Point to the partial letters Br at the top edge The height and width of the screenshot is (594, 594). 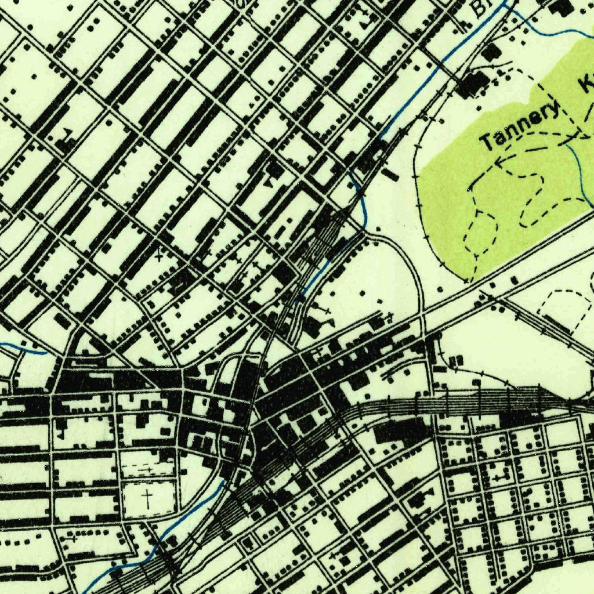click(x=480, y=8)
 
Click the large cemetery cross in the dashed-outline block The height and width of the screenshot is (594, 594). click(x=148, y=498)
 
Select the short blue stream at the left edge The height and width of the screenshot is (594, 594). click(x=23, y=348)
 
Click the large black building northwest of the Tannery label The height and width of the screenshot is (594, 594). click(x=473, y=84)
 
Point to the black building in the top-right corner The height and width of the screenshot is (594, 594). click(x=562, y=8)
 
